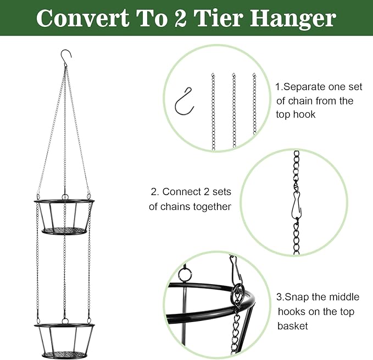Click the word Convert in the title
point(83,18)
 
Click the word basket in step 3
point(293,326)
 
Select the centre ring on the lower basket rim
point(64,320)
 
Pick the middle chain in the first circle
point(234,110)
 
